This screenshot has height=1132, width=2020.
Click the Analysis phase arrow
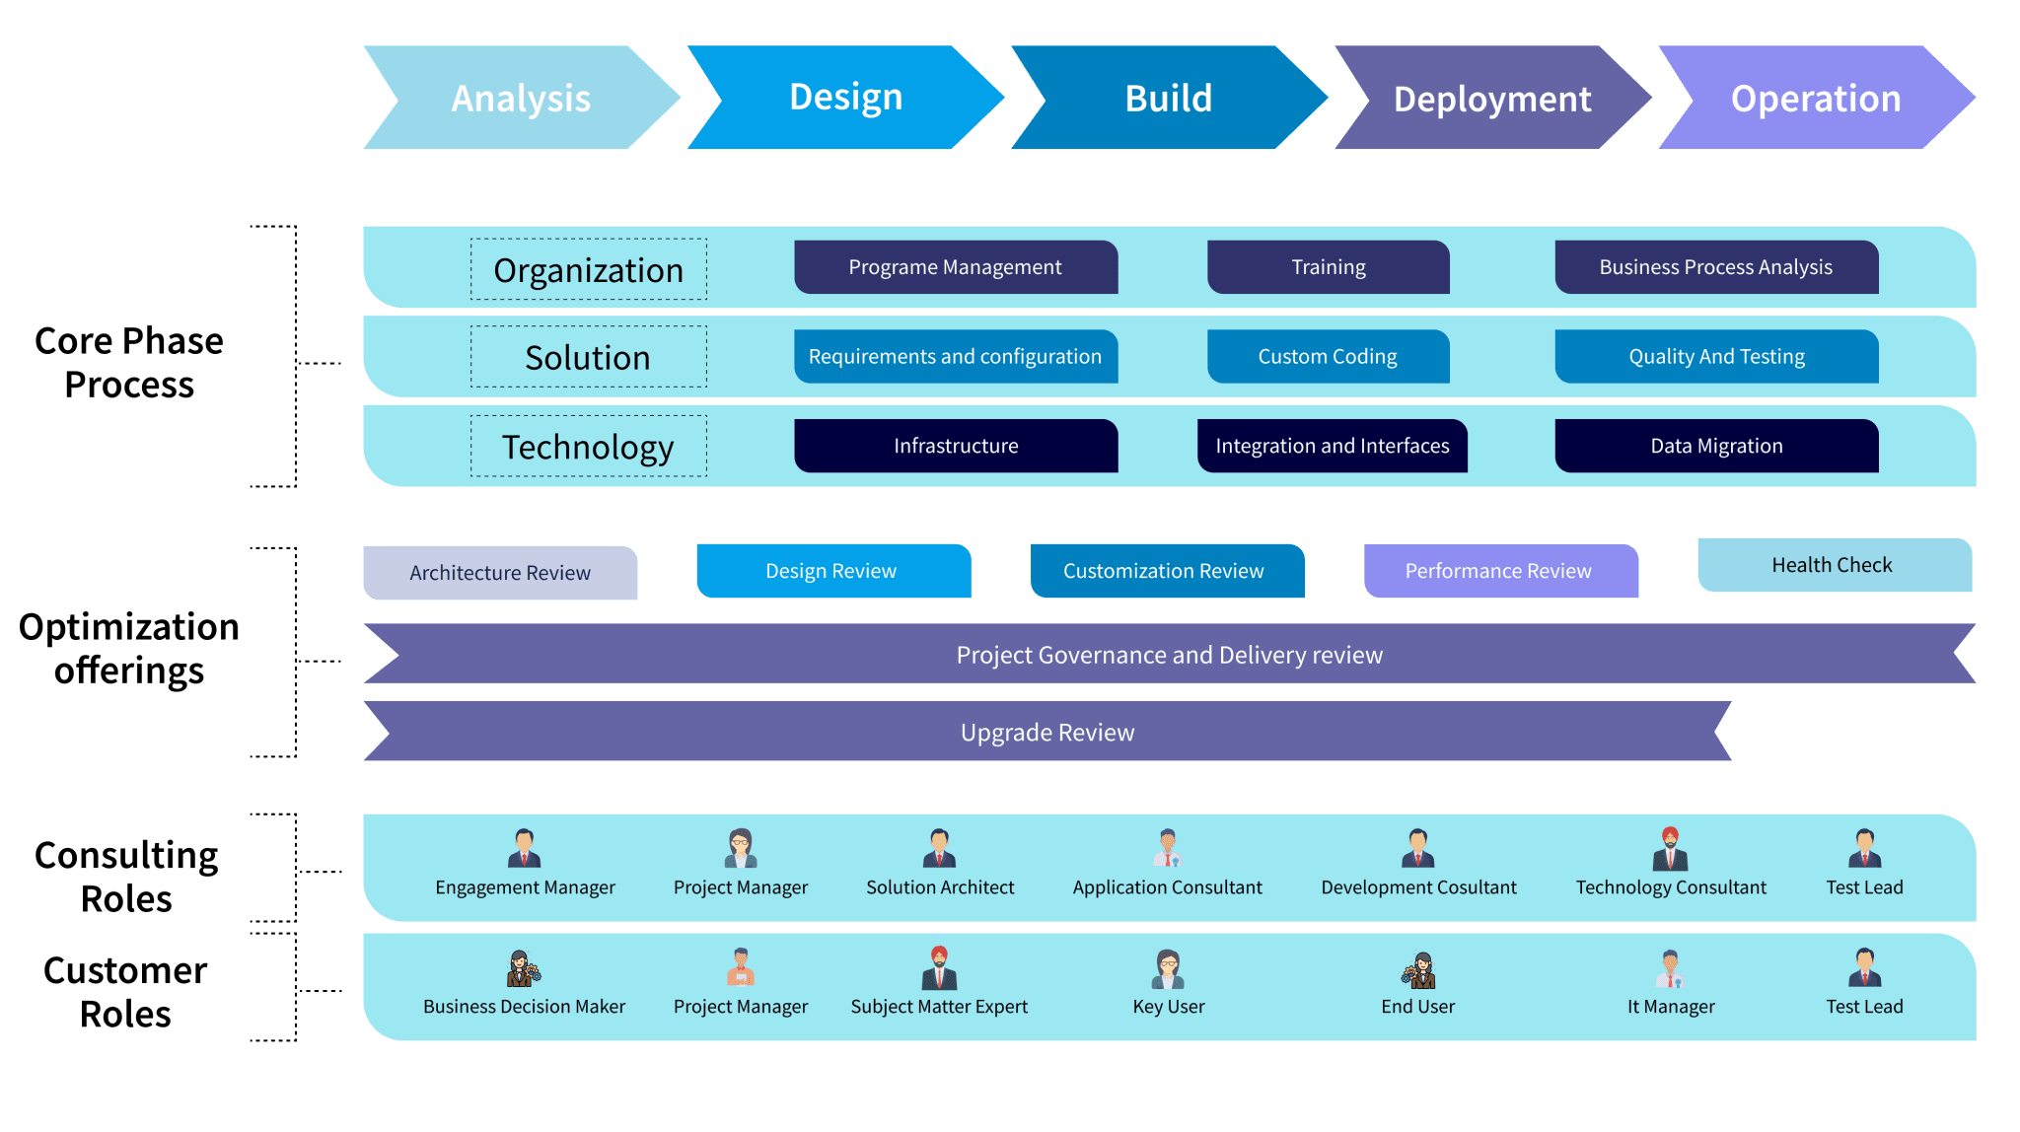click(521, 99)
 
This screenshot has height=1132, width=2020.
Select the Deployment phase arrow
click(1491, 99)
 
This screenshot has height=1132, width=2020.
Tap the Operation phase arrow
click(1815, 99)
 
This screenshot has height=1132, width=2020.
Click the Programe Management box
click(955, 267)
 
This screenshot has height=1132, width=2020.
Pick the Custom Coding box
click(1328, 356)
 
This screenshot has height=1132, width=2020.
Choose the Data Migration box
click(1716, 446)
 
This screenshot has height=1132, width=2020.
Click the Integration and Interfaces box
click(1332, 446)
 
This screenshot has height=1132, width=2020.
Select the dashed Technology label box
click(588, 447)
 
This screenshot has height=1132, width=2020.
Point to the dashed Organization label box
click(588, 269)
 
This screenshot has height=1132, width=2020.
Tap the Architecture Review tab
click(500, 573)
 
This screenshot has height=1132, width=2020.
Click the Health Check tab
click(1833, 565)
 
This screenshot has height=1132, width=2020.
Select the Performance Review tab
click(1499, 571)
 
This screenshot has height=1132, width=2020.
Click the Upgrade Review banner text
click(1047, 733)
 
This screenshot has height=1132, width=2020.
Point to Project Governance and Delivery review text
click(1169, 655)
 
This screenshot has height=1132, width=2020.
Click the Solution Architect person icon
click(939, 847)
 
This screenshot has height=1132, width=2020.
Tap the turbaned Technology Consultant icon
click(1670, 847)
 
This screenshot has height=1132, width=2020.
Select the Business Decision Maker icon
click(524, 968)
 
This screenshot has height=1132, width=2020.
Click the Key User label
click(1169, 1007)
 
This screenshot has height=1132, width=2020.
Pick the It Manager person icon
click(1670, 968)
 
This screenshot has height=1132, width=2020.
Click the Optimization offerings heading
click(129, 649)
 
